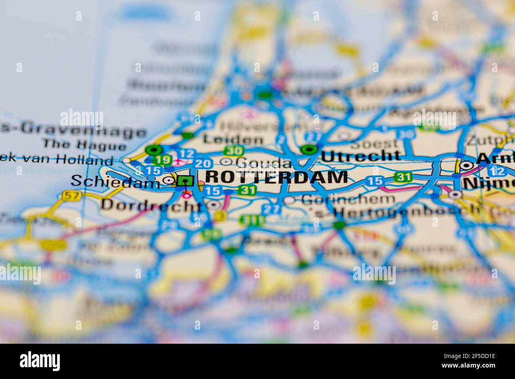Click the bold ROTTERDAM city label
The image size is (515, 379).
click(x=277, y=177)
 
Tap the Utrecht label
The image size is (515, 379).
click(x=360, y=155)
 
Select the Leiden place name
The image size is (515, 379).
click(x=233, y=139)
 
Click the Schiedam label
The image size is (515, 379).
click(x=115, y=181)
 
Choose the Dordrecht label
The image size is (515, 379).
click(x=151, y=205)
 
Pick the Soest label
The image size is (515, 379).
click(x=374, y=143)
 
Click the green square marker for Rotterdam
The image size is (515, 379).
click(x=185, y=181)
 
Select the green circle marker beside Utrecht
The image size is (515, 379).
click(x=309, y=150)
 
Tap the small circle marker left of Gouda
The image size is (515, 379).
click(x=226, y=161)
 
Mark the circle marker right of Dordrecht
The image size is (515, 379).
click(x=214, y=205)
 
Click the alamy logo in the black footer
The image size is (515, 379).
click(x=40, y=361)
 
